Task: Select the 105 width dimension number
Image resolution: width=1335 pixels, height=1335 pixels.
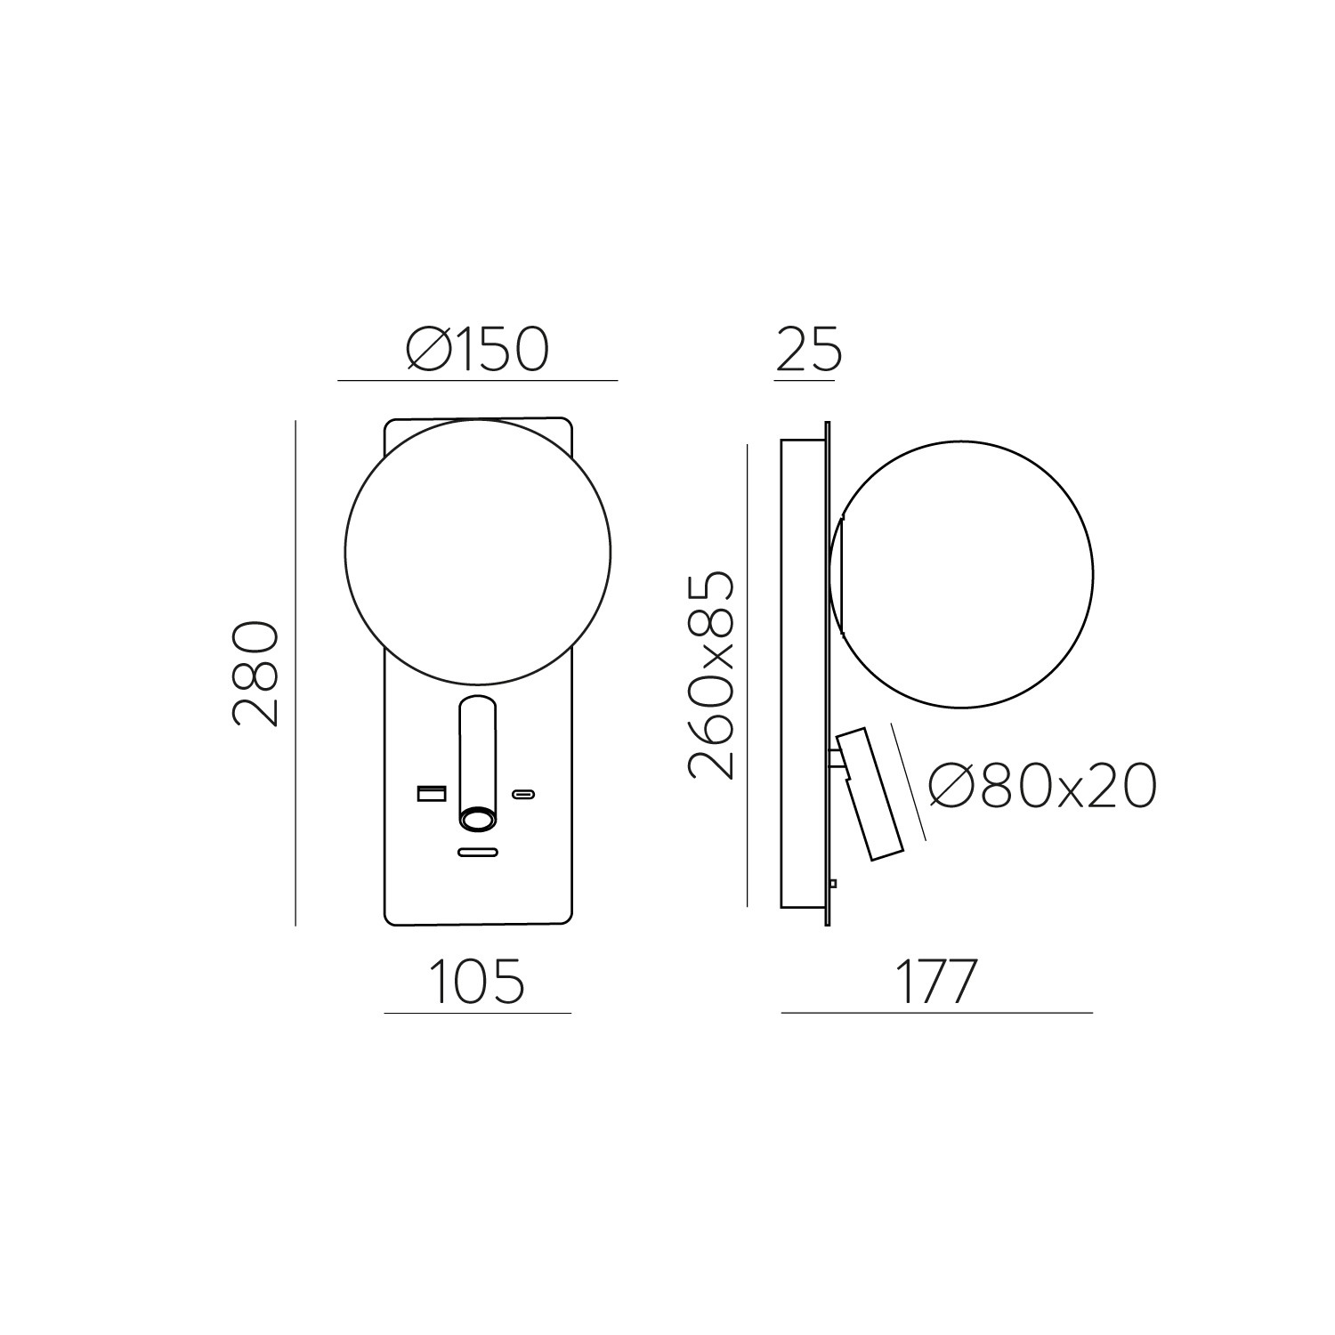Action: [477, 982]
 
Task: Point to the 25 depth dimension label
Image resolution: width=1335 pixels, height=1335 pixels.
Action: [809, 349]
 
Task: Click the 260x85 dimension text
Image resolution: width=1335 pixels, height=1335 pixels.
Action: [712, 676]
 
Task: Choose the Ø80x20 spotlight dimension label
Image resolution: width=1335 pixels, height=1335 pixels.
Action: [1042, 786]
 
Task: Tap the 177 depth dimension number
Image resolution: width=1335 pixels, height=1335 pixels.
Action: [935, 982]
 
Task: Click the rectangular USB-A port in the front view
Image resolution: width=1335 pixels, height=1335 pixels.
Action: [432, 792]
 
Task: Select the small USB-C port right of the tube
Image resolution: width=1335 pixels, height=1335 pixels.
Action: [522, 793]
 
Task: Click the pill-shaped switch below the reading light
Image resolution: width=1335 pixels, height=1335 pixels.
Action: [477, 853]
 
